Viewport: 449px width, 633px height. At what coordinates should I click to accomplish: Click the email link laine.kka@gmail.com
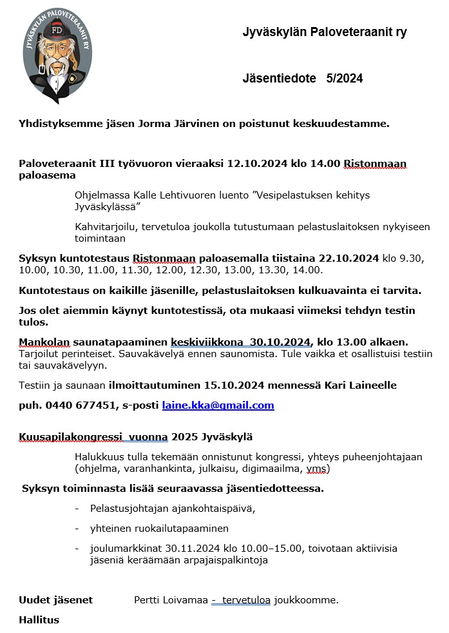pos(218,405)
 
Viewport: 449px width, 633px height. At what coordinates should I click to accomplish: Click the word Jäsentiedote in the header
pos(279,79)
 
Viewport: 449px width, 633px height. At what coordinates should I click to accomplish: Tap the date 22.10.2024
pos(345,258)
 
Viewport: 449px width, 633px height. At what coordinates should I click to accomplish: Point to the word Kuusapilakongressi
pos(61,437)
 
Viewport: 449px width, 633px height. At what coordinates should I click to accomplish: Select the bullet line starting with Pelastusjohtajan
pos(173,508)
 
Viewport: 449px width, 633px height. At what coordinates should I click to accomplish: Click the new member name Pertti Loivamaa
pos(171,600)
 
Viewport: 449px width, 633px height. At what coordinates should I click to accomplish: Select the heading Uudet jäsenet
pos(56,600)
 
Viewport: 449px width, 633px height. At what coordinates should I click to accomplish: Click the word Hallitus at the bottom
pos(39,620)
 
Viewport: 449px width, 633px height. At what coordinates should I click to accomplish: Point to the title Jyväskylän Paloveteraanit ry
pos(324,32)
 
